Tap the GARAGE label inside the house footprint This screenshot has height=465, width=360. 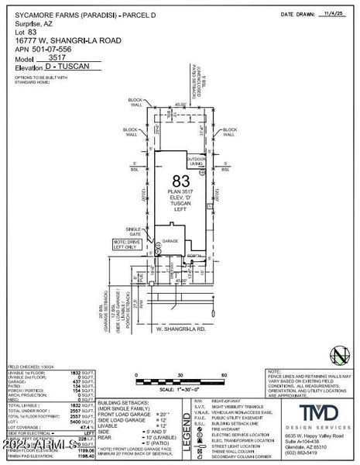[170, 241]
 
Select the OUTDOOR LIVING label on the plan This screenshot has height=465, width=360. [197, 161]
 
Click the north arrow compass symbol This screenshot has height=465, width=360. [338, 355]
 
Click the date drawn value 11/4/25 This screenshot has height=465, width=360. [337, 14]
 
